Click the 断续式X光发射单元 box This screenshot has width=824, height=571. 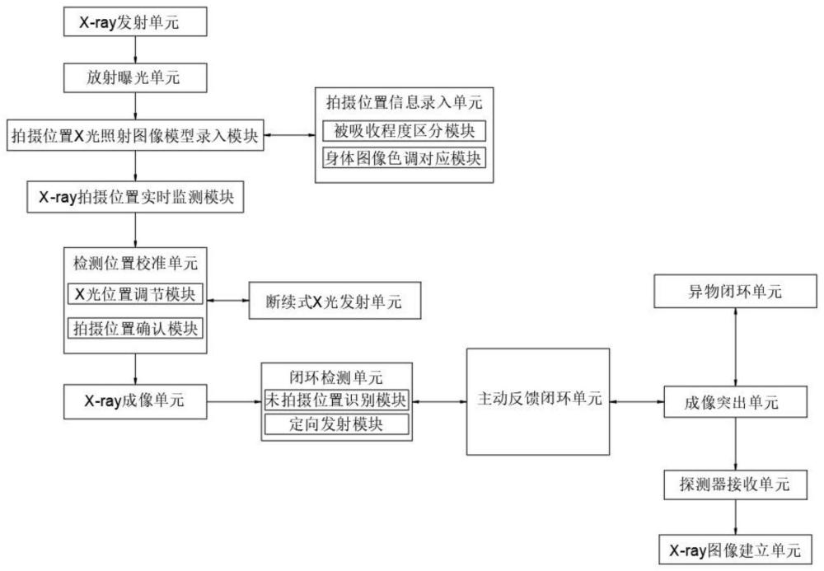pyautogui.click(x=335, y=302)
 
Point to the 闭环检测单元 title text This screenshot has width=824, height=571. pyautogui.click(x=336, y=378)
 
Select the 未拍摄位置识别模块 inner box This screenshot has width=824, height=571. pyautogui.click(x=336, y=400)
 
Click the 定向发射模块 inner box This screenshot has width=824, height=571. pyautogui.click(x=336, y=424)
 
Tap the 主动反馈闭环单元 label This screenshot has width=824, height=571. pyautogui.click(x=538, y=400)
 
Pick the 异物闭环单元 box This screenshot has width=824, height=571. pyautogui.click(x=736, y=293)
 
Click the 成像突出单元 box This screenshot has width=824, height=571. pyautogui.click(x=736, y=401)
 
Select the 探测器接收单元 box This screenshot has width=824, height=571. pyautogui.click(x=736, y=484)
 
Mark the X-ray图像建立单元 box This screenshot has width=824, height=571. pyautogui.click(x=736, y=548)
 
